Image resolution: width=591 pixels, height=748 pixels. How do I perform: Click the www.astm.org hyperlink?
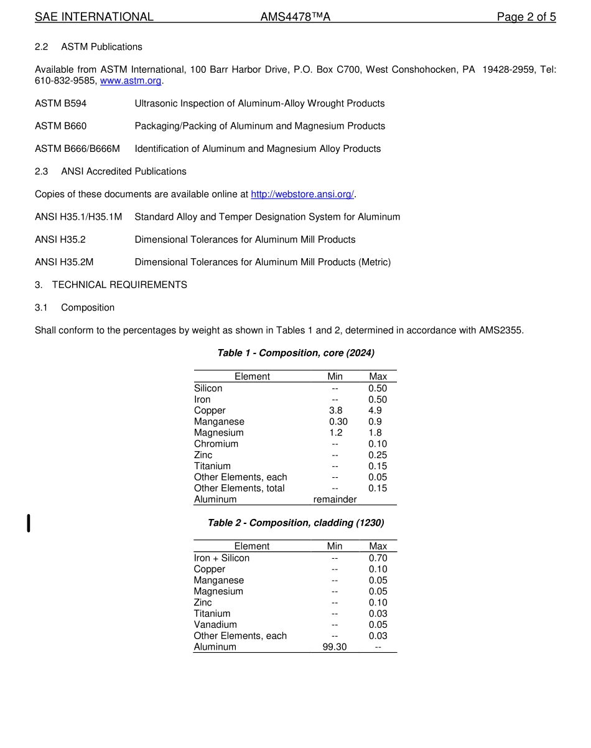pyautogui.click(x=131, y=81)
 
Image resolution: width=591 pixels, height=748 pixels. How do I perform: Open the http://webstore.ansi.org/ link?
pyautogui.click(x=302, y=194)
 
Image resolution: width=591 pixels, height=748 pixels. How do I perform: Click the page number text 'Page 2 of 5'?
pyautogui.click(x=526, y=17)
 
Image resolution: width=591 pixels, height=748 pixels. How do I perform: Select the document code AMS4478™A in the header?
pyautogui.click(x=295, y=17)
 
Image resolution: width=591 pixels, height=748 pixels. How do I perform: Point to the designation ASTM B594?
pyautogui.click(x=61, y=103)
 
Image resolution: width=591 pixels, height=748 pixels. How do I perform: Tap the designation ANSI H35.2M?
pyautogui.click(x=64, y=262)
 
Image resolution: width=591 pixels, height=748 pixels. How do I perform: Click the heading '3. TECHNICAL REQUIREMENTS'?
pyautogui.click(x=111, y=284)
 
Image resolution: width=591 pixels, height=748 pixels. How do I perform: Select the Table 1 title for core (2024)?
pyautogui.click(x=295, y=353)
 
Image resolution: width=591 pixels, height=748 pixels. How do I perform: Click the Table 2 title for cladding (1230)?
pyautogui.click(x=295, y=523)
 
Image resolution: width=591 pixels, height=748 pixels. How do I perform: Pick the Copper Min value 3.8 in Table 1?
pyautogui.click(x=335, y=411)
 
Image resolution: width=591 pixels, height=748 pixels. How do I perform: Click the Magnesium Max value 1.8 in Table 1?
pyautogui.click(x=375, y=432)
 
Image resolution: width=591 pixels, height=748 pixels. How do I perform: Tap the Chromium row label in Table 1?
pyautogui.click(x=216, y=444)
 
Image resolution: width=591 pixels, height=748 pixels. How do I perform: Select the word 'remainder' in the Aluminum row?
pyautogui.click(x=335, y=499)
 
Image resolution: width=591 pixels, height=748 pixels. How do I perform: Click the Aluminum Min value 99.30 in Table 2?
pyautogui.click(x=335, y=647)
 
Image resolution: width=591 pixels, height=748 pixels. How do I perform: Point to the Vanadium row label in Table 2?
pyautogui.click(x=215, y=624)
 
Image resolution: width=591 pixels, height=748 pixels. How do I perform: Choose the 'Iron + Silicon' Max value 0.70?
pyautogui.click(x=378, y=558)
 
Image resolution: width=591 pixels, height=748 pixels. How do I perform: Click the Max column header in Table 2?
pyautogui.click(x=378, y=546)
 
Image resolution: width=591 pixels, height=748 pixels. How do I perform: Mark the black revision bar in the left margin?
pyautogui.click(x=28, y=523)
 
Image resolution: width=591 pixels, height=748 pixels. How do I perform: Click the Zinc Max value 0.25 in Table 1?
pyautogui.click(x=378, y=455)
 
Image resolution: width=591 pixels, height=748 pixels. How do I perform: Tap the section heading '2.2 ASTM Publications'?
pyautogui.click(x=88, y=47)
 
